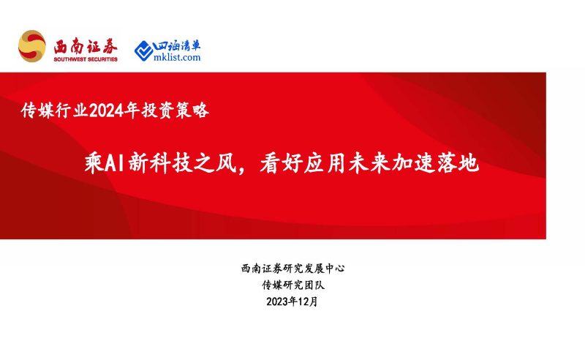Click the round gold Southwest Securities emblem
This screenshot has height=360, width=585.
[32, 47]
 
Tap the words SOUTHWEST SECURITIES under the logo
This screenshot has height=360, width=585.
[86, 59]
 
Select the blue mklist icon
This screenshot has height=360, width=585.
[143, 50]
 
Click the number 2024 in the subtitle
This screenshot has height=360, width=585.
[107, 111]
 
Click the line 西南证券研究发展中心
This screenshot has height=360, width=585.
[292, 269]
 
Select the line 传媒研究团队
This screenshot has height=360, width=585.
[292, 285]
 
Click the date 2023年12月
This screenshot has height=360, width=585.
[292, 301]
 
